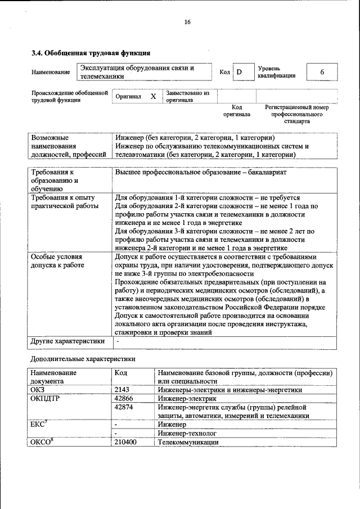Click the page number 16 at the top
click(x=187, y=22)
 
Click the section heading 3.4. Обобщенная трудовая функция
click(x=90, y=53)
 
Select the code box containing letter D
click(x=239, y=72)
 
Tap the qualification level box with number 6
click(x=322, y=72)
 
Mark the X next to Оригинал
click(x=153, y=96)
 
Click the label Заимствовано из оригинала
click(x=187, y=96)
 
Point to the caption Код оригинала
click(x=236, y=110)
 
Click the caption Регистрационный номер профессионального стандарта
click(x=296, y=114)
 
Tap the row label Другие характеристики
click(x=67, y=341)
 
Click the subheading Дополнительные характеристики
click(x=82, y=358)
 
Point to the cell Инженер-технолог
click(x=187, y=434)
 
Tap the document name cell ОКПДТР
click(x=46, y=398)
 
